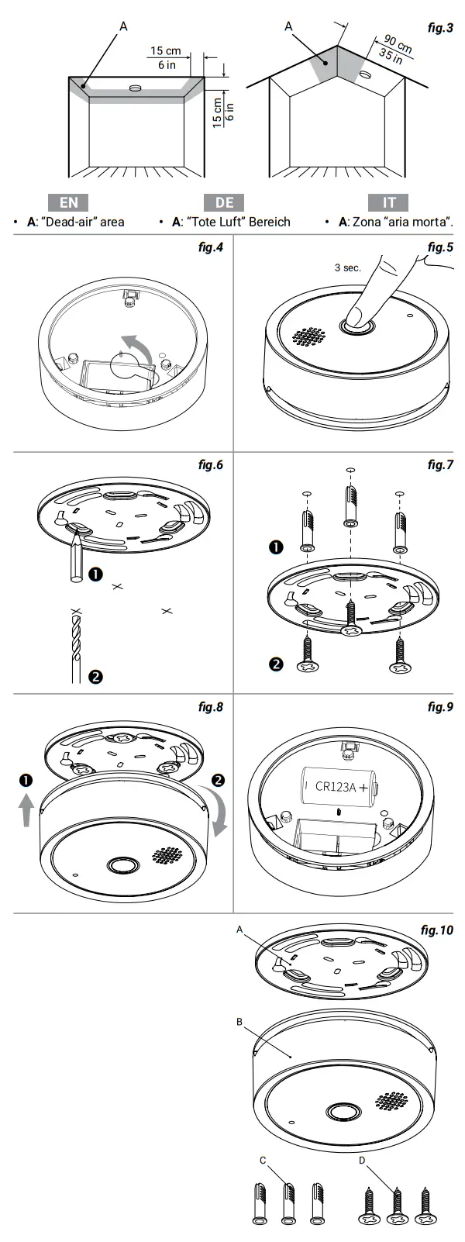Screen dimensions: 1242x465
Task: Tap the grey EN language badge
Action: click(69, 202)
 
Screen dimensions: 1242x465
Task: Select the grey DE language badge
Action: click(224, 202)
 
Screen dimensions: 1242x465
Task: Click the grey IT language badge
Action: click(390, 202)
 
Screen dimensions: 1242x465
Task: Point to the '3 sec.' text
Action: click(347, 267)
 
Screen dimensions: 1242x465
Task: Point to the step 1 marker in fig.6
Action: click(95, 574)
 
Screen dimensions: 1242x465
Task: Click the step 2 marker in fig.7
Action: click(275, 664)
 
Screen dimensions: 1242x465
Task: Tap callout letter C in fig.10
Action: click(263, 1160)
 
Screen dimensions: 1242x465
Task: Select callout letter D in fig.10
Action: click(362, 1160)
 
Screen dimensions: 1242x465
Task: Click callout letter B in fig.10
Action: click(239, 1023)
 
